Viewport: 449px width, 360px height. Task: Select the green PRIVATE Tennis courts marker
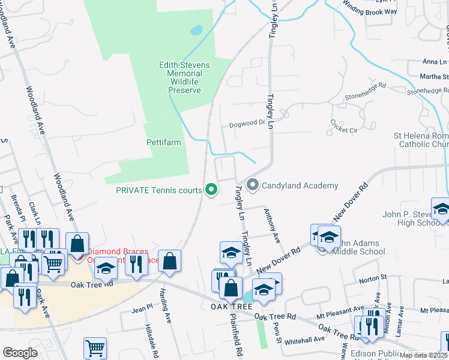(x=211, y=190)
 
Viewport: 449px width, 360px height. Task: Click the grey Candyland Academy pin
(x=253, y=185)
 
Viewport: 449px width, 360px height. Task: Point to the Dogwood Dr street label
(x=247, y=125)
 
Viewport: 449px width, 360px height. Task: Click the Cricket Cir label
(x=343, y=126)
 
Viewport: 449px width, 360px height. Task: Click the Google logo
(x=20, y=353)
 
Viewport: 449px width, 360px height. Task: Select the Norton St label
(x=373, y=278)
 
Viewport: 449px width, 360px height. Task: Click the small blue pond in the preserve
(x=196, y=29)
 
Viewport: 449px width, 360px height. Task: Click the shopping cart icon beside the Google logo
(x=95, y=348)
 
